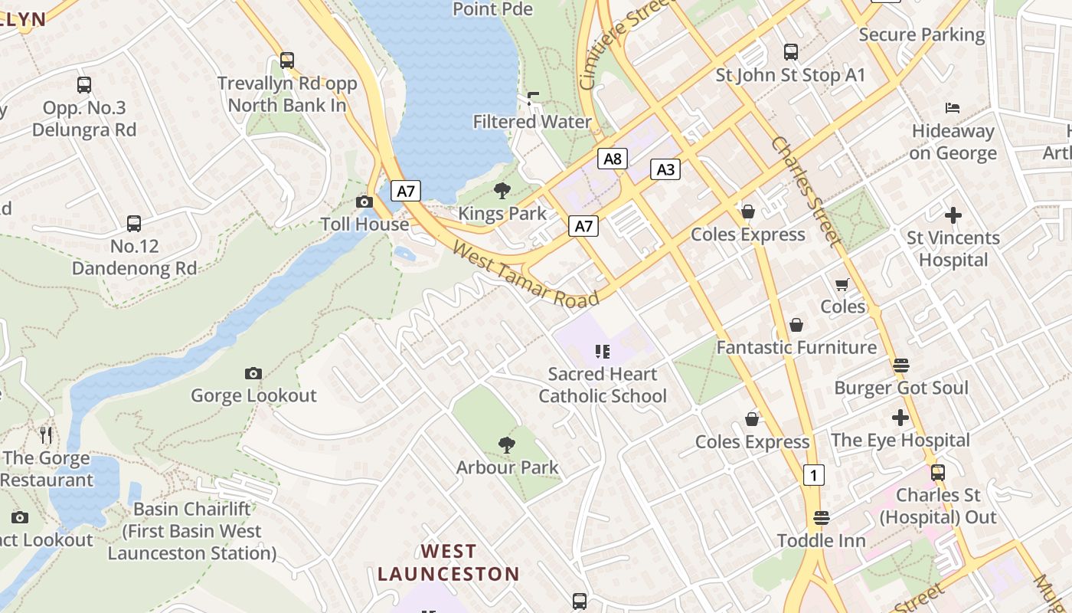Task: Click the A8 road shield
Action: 612,159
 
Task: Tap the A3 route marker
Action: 665,169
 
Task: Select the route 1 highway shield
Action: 813,475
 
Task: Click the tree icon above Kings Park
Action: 502,191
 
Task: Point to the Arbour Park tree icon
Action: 506,444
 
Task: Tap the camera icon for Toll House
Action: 364,202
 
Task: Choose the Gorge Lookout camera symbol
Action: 253,373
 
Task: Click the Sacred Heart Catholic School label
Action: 603,385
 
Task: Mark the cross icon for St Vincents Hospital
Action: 953,215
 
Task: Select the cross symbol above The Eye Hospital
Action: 900,418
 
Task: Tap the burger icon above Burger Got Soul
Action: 900,366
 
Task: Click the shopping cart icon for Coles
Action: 842,284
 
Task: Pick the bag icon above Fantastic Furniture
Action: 796,325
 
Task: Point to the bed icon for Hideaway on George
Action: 953,108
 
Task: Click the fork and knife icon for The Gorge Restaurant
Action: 46,435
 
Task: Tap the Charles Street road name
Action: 806,192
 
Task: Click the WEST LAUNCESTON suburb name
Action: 448,562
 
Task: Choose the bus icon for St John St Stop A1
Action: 790,52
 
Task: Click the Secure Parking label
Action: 921,34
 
